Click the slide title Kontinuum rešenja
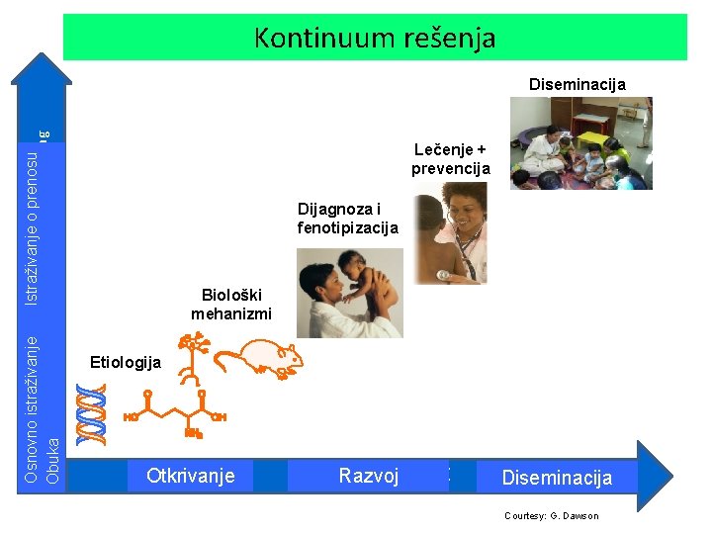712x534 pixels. (375, 38)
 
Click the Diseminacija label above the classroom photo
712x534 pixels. (577, 84)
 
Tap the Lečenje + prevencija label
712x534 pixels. (451, 158)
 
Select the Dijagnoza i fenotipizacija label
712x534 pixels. (347, 218)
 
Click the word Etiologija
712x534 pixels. (126, 362)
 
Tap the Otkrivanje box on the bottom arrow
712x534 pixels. (190, 476)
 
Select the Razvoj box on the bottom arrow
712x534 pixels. (368, 476)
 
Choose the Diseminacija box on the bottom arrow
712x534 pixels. (557, 478)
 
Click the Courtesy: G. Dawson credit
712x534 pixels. (551, 515)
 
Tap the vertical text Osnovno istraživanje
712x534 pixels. (33, 410)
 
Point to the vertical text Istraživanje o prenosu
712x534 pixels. (33, 227)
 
